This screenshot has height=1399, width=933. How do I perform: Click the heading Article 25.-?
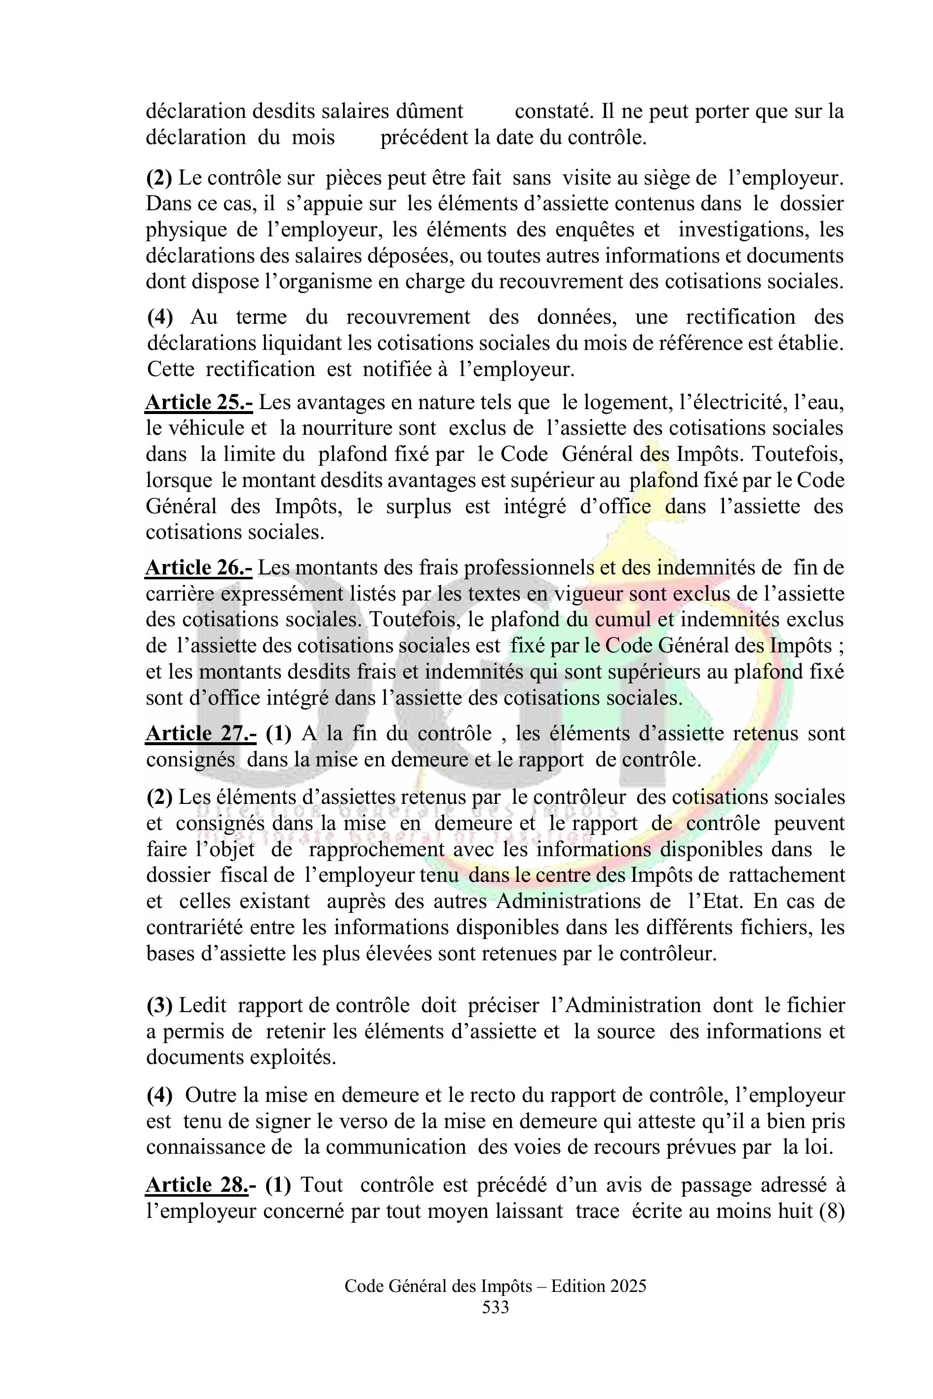pos(199,403)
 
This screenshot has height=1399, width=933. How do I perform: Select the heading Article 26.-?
pos(199,568)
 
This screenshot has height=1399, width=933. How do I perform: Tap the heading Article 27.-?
pos(200,733)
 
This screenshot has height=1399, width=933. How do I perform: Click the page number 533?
pos(496,1307)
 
